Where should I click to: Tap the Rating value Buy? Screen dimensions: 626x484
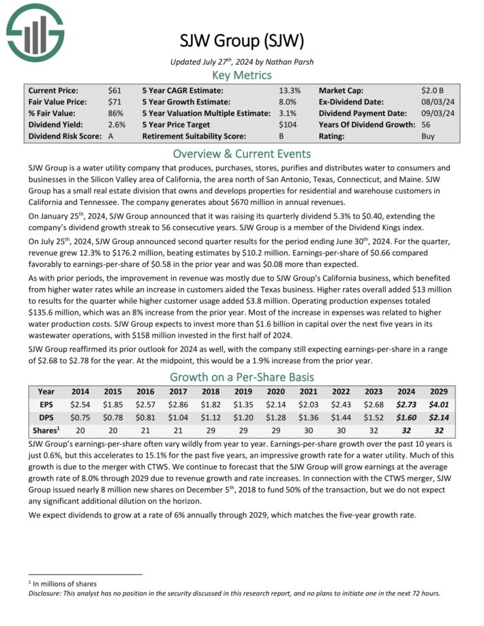pyautogui.click(x=429, y=136)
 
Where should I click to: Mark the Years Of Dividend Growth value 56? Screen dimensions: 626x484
pyautogui.click(x=427, y=125)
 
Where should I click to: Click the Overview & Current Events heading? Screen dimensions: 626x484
pyautogui.click(x=241, y=153)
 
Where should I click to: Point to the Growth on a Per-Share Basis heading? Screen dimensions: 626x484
pyautogui.click(x=241, y=377)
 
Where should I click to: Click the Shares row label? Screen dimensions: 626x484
pyautogui.click(x=46, y=431)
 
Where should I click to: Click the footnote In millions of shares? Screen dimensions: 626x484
pyautogui.click(x=65, y=584)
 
